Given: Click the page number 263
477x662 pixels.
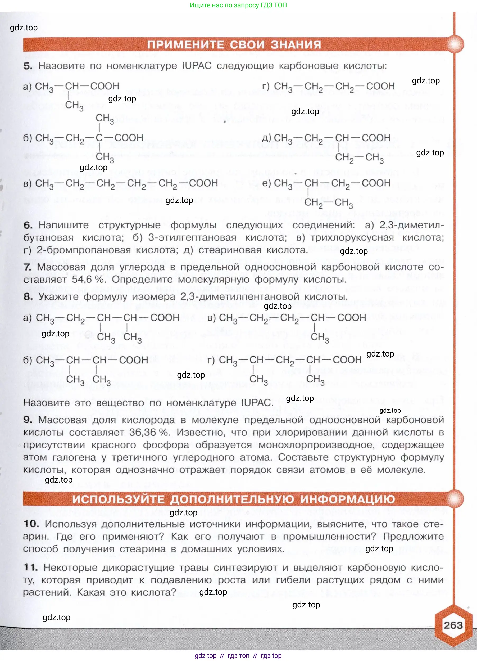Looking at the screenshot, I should tap(453, 625).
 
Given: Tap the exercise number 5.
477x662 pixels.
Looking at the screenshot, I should tap(28, 66).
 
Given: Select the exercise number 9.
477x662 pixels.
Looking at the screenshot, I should tap(28, 420).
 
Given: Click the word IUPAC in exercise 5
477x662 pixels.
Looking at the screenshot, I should tap(197, 66).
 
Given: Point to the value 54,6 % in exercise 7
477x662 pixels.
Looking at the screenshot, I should tap(88, 279).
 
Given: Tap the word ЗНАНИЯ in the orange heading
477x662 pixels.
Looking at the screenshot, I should tap(296, 45).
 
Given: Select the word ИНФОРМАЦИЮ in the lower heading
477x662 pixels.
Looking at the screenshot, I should tap(347, 499).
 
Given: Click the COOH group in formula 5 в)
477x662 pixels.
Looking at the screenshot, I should tap(203, 183).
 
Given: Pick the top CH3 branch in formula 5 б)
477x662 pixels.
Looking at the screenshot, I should tap(105, 119).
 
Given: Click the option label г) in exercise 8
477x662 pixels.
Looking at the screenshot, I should tap(211, 360).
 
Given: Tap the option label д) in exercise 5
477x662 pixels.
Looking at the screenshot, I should tap(267, 137).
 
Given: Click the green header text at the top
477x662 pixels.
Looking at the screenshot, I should tap(238, 5).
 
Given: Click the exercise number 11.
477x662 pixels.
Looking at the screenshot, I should tap(31, 567).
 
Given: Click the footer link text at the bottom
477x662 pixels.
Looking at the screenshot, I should tap(238, 656).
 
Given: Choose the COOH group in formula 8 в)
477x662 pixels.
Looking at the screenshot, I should tap(352, 318).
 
